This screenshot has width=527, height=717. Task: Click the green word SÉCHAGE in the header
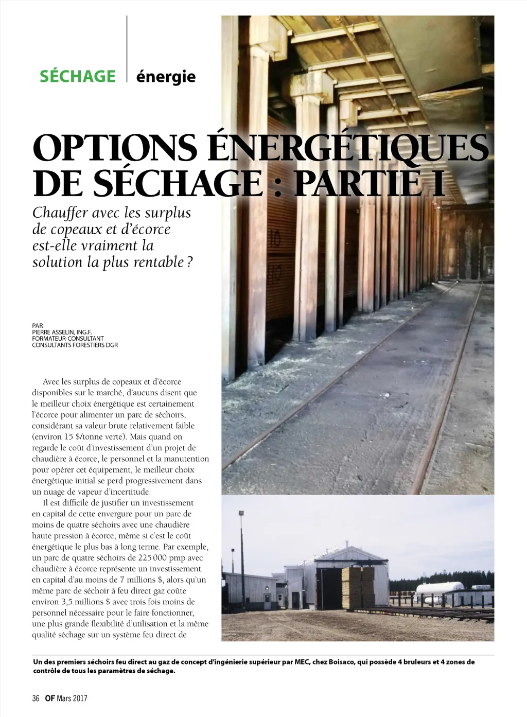(x=78, y=76)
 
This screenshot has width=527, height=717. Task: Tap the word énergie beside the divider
(x=166, y=77)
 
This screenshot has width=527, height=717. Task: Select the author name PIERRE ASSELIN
(x=54, y=332)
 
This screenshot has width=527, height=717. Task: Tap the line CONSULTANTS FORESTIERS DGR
(x=75, y=345)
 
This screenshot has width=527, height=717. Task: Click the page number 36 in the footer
(x=36, y=698)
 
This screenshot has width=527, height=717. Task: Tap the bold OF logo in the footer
(x=50, y=698)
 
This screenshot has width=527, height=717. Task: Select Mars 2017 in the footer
(x=72, y=698)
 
